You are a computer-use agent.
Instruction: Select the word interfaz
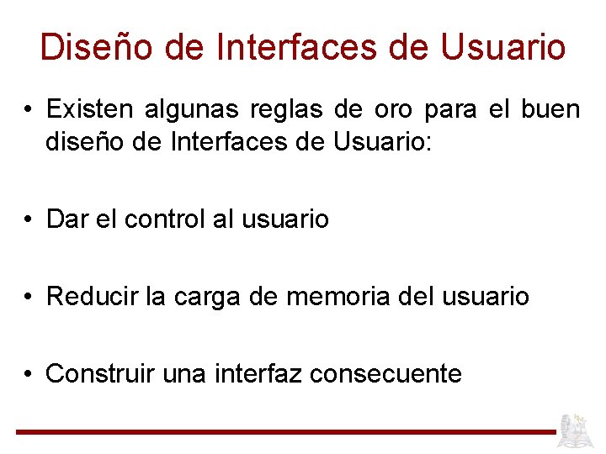coord(262,373)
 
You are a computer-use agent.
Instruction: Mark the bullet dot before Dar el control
coord(29,220)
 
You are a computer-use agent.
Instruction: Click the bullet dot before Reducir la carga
coord(29,298)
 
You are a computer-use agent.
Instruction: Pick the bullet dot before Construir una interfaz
coord(29,374)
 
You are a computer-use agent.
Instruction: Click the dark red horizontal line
coord(286,432)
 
